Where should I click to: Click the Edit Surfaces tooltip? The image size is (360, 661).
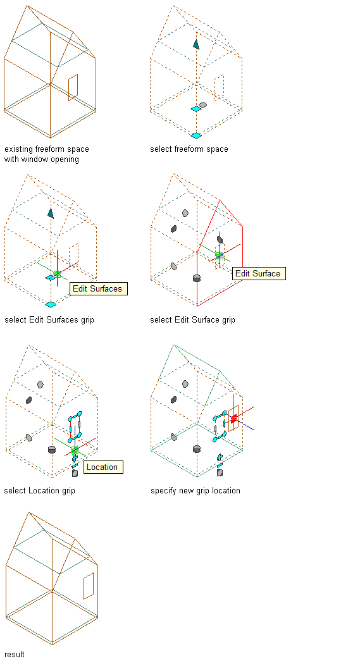click(98, 289)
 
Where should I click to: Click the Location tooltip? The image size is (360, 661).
click(103, 467)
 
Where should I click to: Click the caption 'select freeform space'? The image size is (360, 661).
click(189, 149)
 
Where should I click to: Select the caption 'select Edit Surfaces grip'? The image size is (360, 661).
click(49, 320)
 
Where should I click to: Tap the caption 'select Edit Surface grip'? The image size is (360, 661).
click(192, 320)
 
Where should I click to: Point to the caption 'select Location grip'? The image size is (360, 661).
click(40, 491)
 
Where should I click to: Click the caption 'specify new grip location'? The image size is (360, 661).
click(196, 491)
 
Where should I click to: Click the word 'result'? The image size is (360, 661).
click(15, 654)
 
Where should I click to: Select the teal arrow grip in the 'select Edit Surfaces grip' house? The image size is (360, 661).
click(51, 213)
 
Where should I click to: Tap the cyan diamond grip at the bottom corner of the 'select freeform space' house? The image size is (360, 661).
click(196, 135)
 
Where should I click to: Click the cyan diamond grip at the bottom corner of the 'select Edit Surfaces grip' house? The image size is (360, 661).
click(51, 304)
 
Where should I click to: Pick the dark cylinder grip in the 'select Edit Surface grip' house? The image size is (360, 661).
click(196, 278)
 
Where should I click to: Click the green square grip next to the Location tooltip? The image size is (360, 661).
click(75, 450)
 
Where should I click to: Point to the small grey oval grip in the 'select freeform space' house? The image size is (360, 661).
click(202, 104)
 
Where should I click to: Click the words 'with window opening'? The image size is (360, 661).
click(41, 159)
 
